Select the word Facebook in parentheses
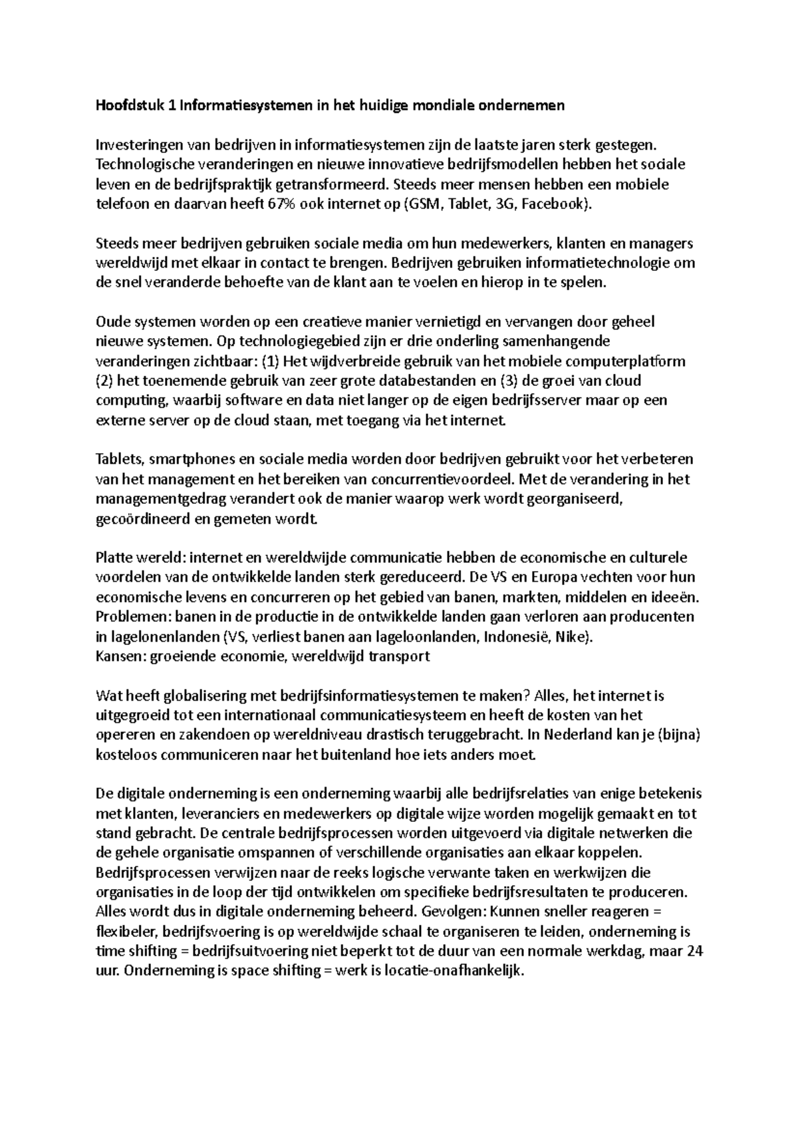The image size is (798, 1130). point(554,204)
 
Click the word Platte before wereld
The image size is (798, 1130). point(114,558)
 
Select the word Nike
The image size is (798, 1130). point(571,636)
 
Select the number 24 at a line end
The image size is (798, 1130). point(694,951)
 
